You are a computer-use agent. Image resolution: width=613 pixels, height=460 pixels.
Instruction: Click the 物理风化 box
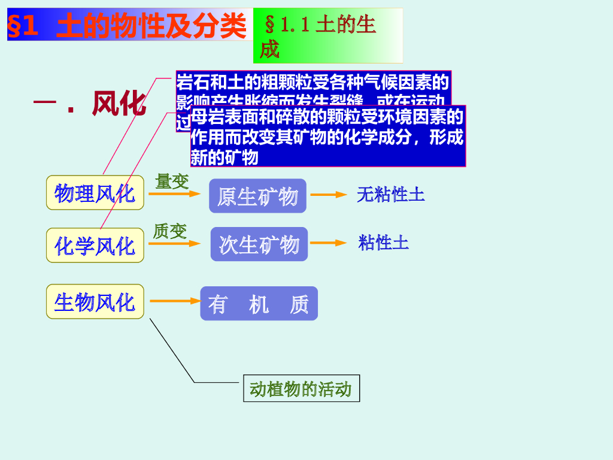(95, 193)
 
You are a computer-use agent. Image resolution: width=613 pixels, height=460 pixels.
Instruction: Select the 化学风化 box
(95, 245)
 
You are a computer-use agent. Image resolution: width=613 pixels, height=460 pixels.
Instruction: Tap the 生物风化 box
(95, 301)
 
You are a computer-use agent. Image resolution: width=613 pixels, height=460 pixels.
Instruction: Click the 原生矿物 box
(257, 196)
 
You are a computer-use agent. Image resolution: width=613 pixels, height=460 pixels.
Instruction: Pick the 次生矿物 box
(259, 244)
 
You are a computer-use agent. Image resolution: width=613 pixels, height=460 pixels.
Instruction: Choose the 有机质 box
(259, 304)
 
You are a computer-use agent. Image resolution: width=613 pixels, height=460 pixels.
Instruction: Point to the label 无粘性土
(390, 194)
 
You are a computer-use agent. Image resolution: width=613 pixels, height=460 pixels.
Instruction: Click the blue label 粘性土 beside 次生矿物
(383, 243)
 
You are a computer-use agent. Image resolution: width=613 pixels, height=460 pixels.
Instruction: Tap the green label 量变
(172, 181)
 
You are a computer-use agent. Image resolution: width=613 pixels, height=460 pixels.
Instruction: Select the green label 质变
(170, 231)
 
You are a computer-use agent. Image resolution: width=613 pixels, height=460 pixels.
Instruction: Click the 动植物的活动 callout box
(301, 389)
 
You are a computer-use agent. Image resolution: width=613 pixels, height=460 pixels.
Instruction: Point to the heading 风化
(119, 104)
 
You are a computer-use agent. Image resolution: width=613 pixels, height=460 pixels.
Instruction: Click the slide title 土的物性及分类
(151, 26)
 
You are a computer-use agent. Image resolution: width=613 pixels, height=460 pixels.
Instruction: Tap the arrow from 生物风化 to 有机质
(174, 301)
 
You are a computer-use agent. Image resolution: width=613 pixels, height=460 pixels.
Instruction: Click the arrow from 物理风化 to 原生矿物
(174, 194)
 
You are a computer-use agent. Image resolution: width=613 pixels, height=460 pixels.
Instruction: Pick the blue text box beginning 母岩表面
(327, 137)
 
